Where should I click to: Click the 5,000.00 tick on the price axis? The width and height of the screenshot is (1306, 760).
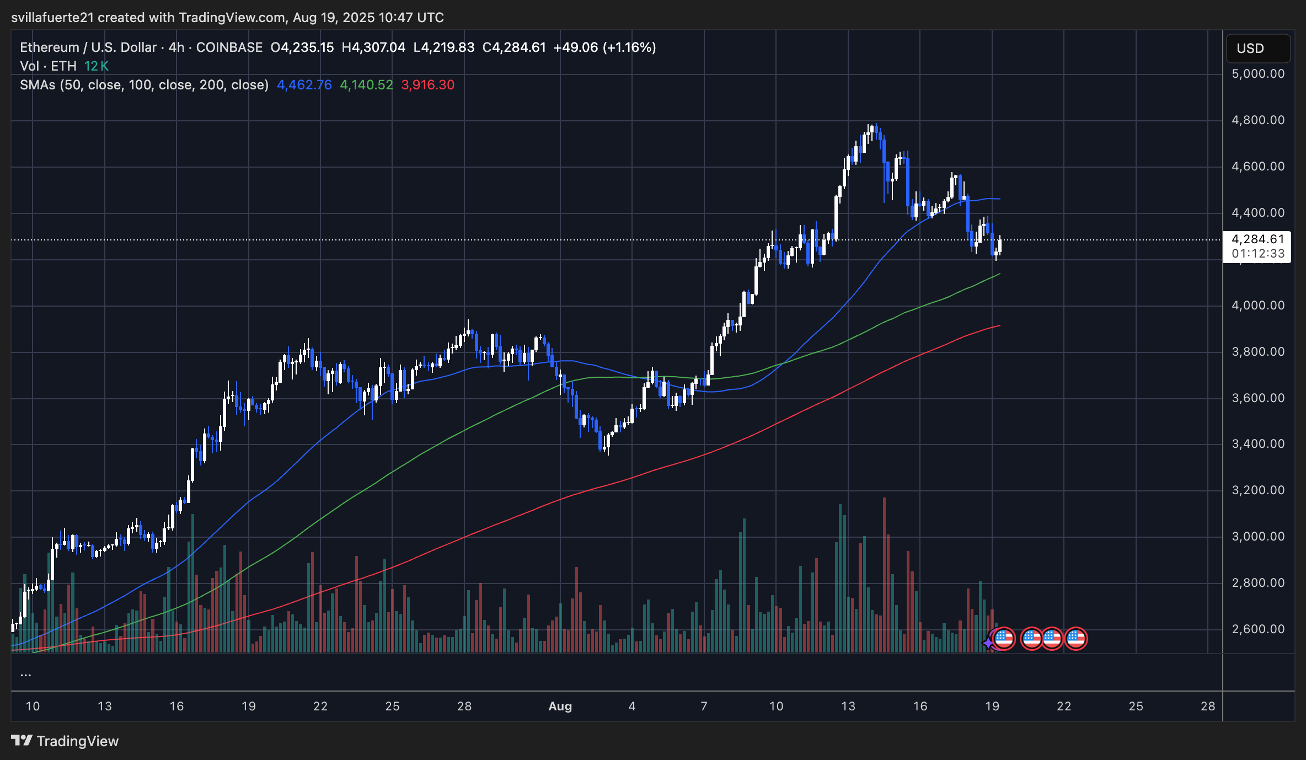click(1258, 74)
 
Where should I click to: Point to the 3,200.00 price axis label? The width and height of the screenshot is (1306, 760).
click(1258, 490)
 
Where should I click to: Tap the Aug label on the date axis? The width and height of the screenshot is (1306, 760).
click(560, 707)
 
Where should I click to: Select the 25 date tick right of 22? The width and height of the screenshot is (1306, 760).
click(1136, 707)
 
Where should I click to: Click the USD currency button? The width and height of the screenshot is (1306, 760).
click(1257, 49)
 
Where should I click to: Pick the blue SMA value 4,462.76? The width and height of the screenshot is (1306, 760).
click(304, 85)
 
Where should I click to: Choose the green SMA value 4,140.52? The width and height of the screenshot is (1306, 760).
click(366, 85)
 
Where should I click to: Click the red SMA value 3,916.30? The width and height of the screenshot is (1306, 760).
click(428, 85)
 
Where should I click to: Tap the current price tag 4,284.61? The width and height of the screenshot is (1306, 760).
click(1257, 239)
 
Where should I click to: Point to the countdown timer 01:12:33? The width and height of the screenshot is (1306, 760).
click(1257, 254)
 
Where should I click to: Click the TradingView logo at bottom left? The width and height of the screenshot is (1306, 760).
click(65, 741)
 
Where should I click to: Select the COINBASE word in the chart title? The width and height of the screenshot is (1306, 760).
click(229, 47)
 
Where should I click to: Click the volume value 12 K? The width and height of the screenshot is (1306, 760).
click(97, 66)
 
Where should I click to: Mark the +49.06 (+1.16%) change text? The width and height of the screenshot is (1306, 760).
click(604, 47)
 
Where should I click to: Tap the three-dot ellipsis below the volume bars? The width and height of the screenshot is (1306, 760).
click(26, 674)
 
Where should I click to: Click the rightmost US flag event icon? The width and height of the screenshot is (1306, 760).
click(1075, 639)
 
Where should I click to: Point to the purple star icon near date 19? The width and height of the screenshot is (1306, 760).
click(988, 643)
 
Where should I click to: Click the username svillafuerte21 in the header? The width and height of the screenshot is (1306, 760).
click(52, 18)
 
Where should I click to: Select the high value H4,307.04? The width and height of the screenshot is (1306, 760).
click(373, 47)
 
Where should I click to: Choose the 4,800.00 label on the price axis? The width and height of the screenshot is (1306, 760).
click(1258, 120)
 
